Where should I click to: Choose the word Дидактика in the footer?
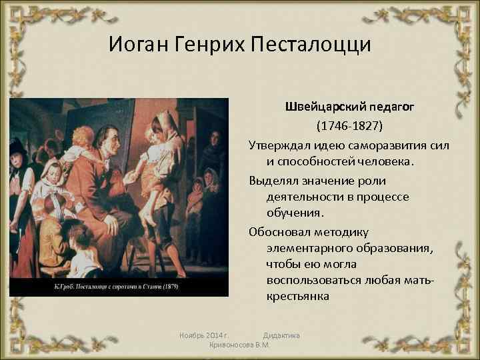(x=281, y=334)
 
